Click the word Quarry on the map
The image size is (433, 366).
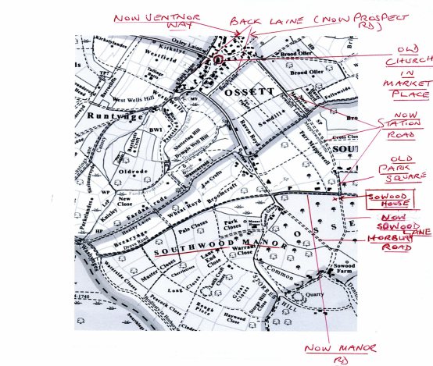(x=316, y=295)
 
